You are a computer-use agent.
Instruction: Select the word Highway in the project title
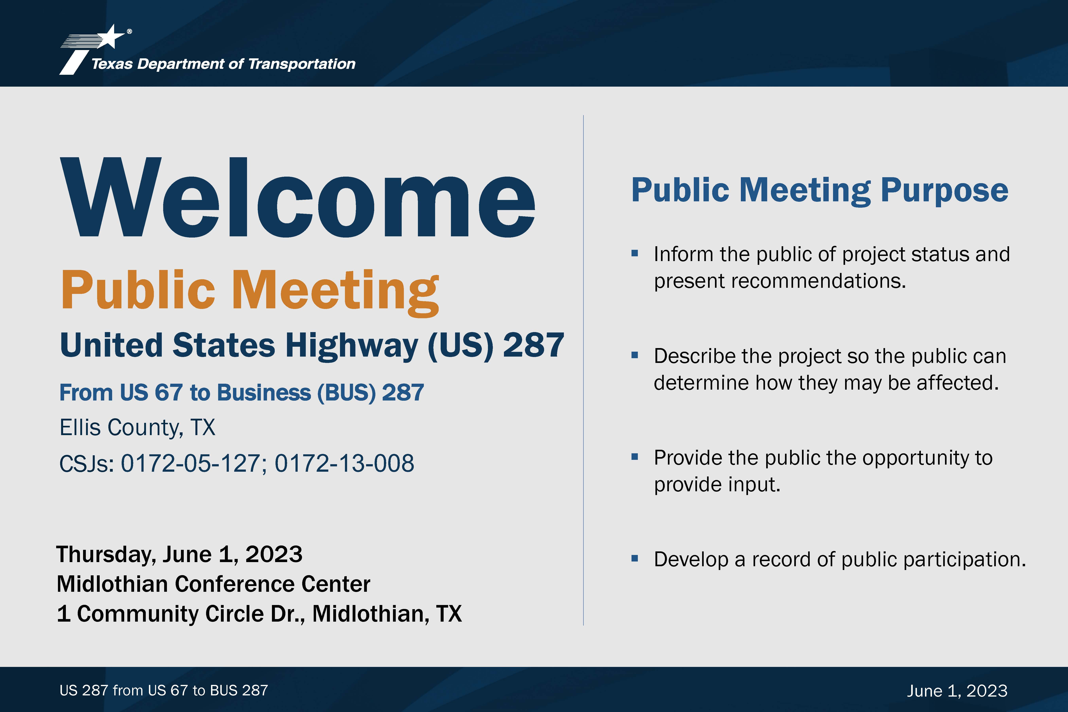(x=351, y=346)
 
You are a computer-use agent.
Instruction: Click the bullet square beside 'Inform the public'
(x=635, y=253)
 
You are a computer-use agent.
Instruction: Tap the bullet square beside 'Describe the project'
(x=635, y=355)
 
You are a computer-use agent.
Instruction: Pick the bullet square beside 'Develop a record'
(x=635, y=559)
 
